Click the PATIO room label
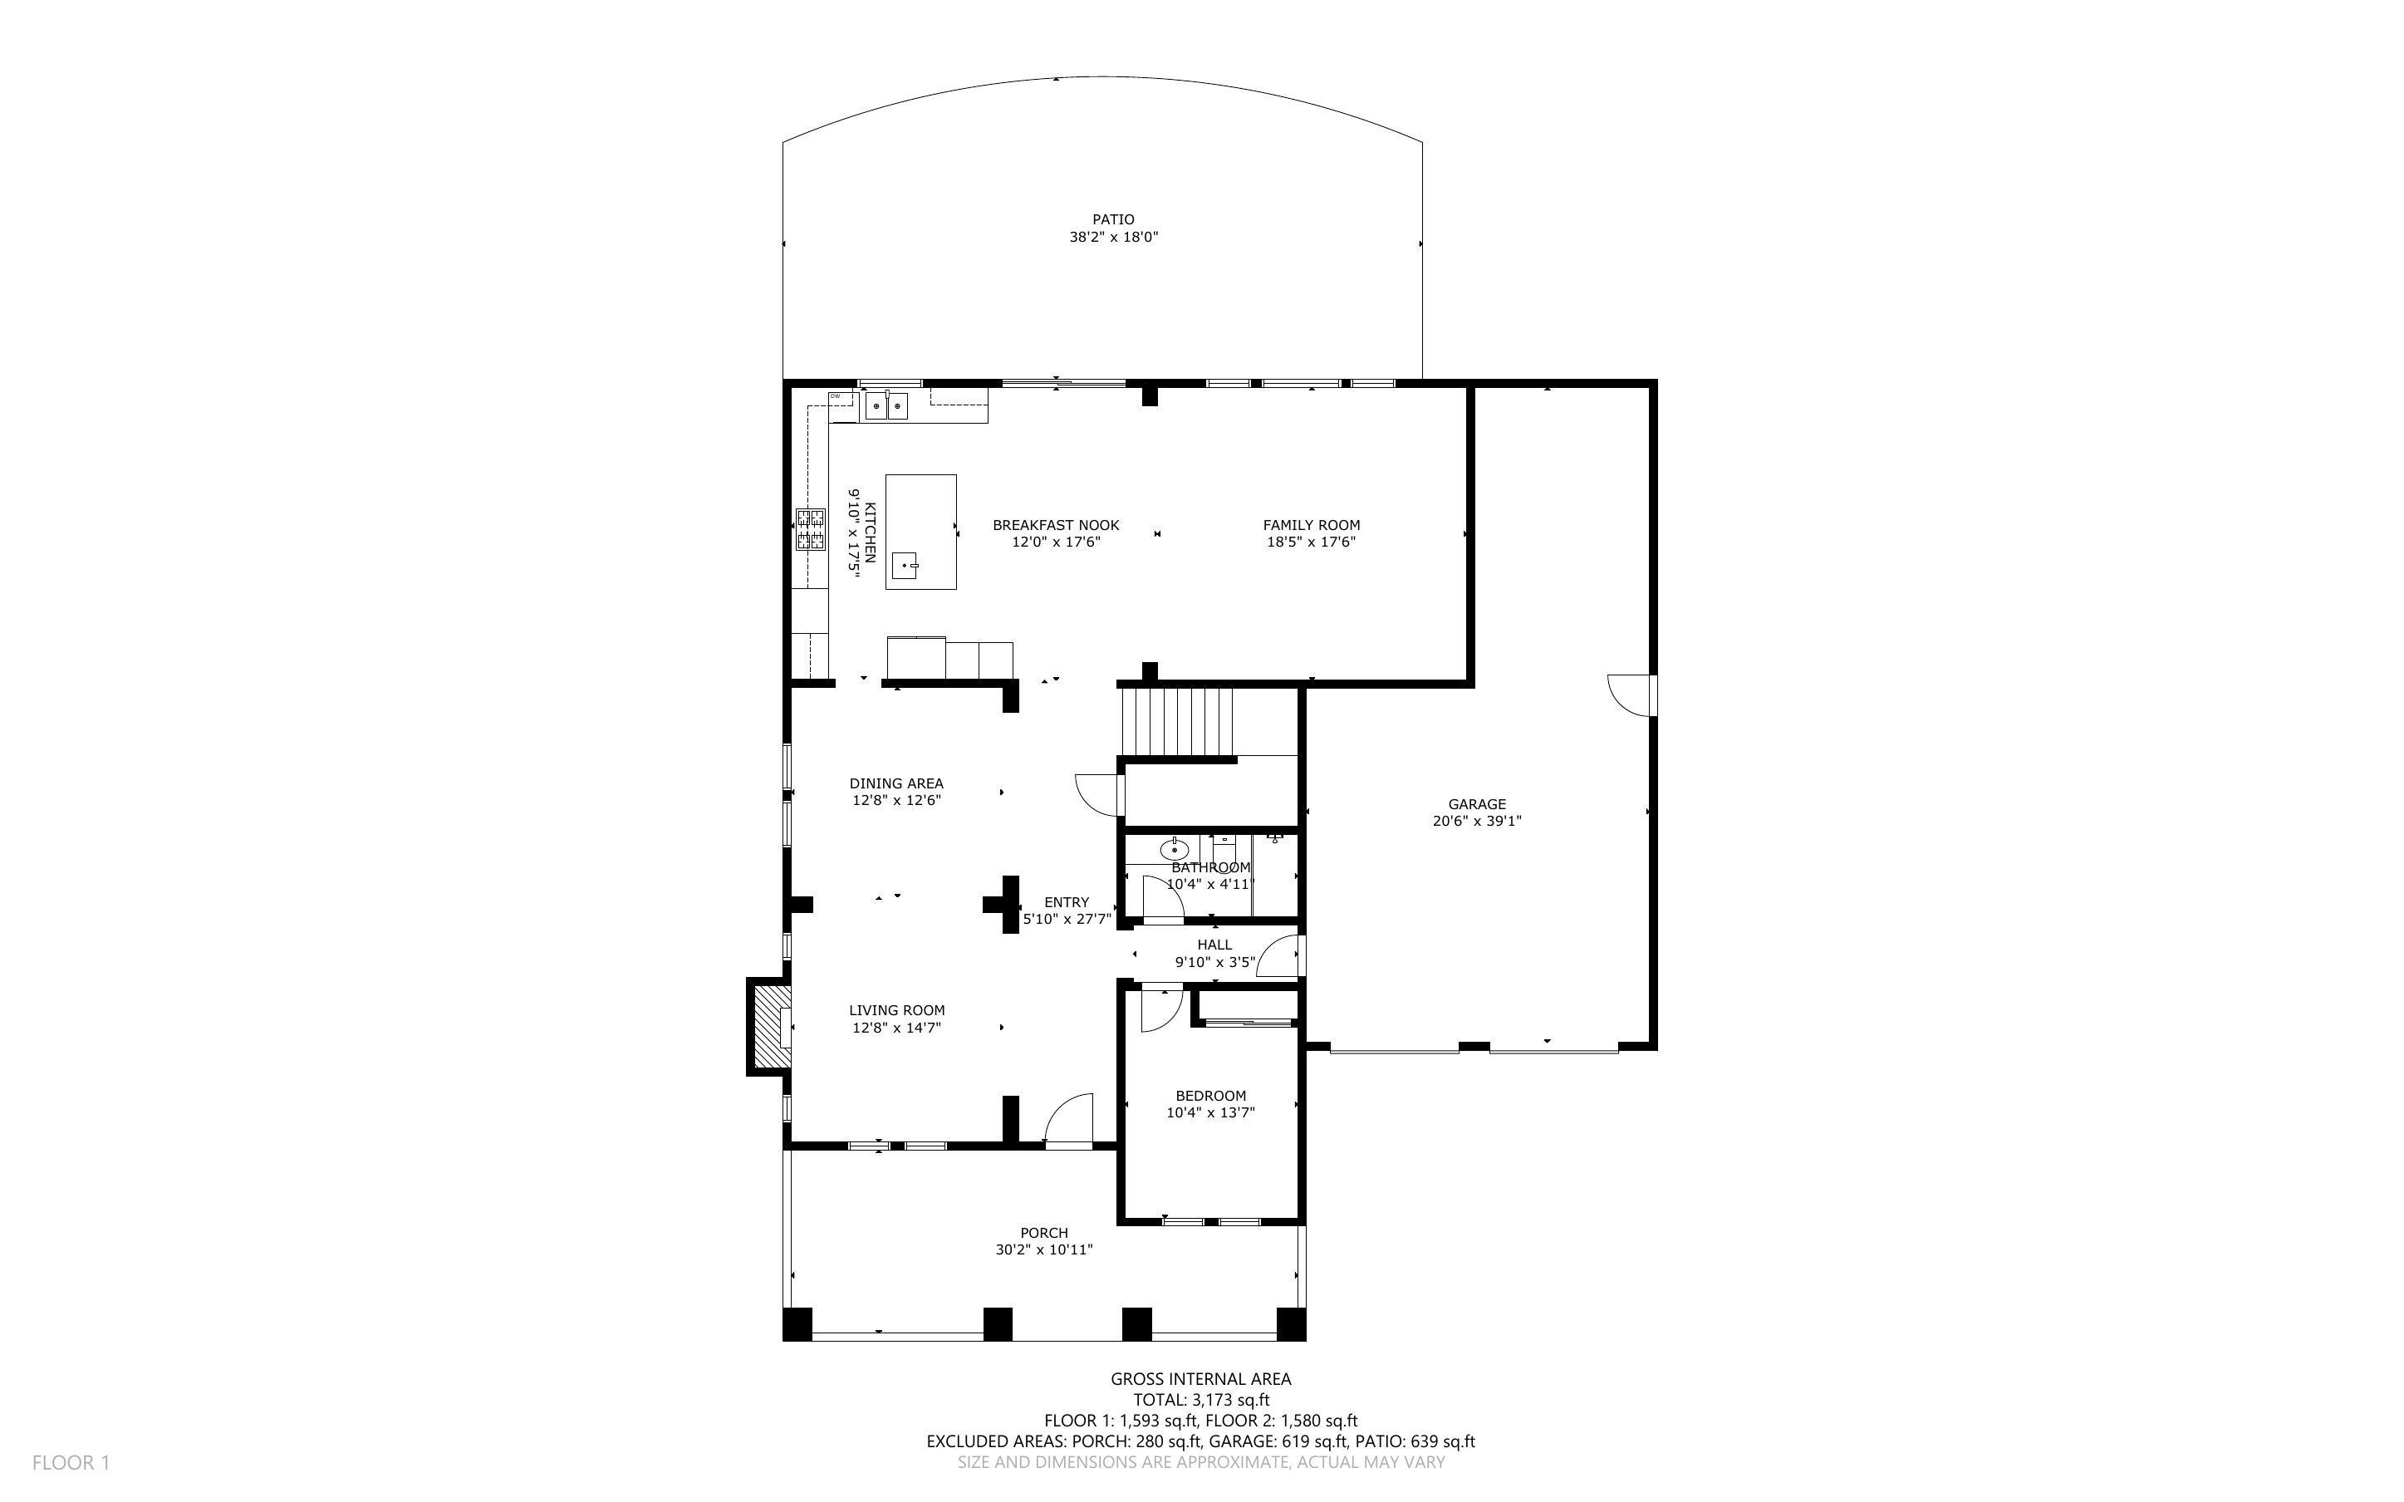[x=1113, y=219]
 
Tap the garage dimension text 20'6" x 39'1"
[x=1477, y=822]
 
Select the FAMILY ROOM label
[x=1311, y=526]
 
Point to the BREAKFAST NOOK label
[x=1056, y=526]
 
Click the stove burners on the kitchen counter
[x=809, y=529]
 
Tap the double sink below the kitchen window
[x=886, y=405]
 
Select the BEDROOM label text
[x=1210, y=1097]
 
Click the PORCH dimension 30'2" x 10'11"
[x=1043, y=1249]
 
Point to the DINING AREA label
[x=895, y=783]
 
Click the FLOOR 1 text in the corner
[x=71, y=1462]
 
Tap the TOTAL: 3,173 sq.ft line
[x=1200, y=1401]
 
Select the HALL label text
[x=1214, y=945]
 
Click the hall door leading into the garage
[x=1281, y=958]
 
